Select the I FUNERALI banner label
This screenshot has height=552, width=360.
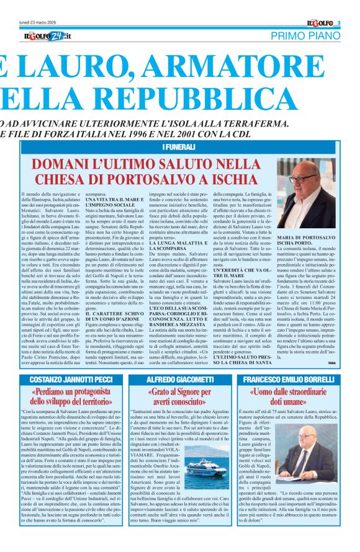pyautogui.click(x=180, y=146)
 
